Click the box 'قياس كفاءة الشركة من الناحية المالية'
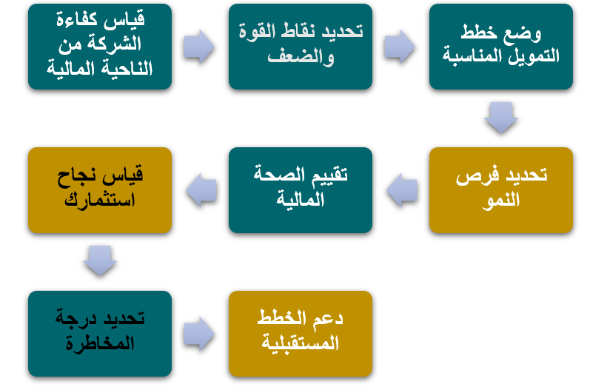pyautogui.click(x=100, y=47)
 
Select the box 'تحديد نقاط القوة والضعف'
pyautogui.click(x=301, y=47)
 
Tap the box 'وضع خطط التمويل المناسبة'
pyautogui.click(x=501, y=47)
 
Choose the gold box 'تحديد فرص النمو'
pyautogui.click(x=501, y=190)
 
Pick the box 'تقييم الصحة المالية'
pyautogui.click(x=301, y=190)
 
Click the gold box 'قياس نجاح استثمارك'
pyautogui.click(x=100, y=190)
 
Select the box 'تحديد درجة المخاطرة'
pyautogui.click(x=100, y=334)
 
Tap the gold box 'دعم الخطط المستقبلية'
pyautogui.click(x=301, y=334)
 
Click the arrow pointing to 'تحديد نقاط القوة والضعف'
pyautogui.click(x=199, y=47)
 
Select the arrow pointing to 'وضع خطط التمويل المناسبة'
pyautogui.click(x=400, y=47)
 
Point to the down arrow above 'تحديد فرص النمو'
pyautogui.click(x=501, y=118)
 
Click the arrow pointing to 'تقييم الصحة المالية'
pyautogui.click(x=402, y=190)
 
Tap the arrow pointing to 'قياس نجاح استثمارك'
pyautogui.click(x=201, y=190)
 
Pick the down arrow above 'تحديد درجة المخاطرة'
pyautogui.click(x=100, y=261)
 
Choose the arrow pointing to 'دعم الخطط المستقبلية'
pyautogui.click(x=199, y=334)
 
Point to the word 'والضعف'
pyautogui.click(x=301, y=57)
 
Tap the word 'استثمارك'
pyautogui.click(x=100, y=200)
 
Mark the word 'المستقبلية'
pyautogui.click(x=301, y=343)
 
